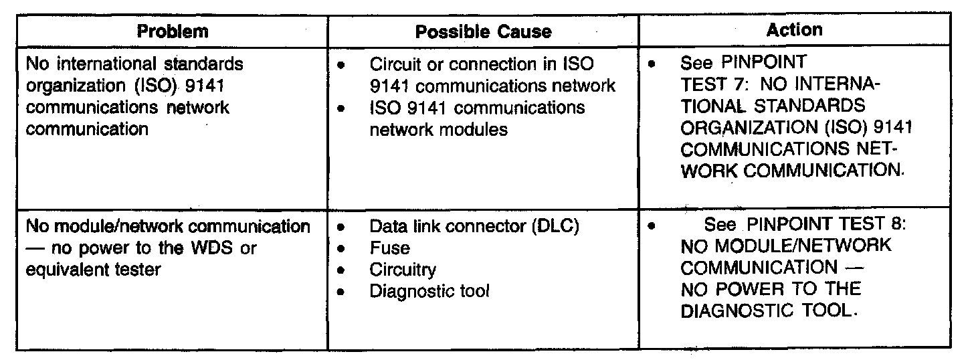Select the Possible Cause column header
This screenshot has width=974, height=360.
tap(483, 31)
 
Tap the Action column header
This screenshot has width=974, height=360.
tap(795, 29)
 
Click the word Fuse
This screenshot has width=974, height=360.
tap(389, 248)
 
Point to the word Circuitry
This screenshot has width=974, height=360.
tap(403, 270)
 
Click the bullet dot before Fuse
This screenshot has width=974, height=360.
tap(343, 249)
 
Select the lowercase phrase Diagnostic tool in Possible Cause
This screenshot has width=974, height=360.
tap(429, 291)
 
